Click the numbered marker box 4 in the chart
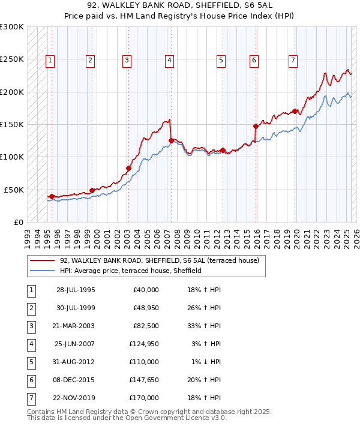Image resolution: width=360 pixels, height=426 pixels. [170, 60]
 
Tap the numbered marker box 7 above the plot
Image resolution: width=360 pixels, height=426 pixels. [292, 60]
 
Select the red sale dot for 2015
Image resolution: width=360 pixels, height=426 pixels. [256, 126]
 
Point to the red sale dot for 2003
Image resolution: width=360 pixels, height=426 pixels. [128, 169]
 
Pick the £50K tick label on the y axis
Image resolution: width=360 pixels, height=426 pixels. [14, 190]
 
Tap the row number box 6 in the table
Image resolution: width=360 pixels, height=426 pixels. [31, 380]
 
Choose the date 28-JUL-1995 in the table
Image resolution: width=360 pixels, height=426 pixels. [75, 290]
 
